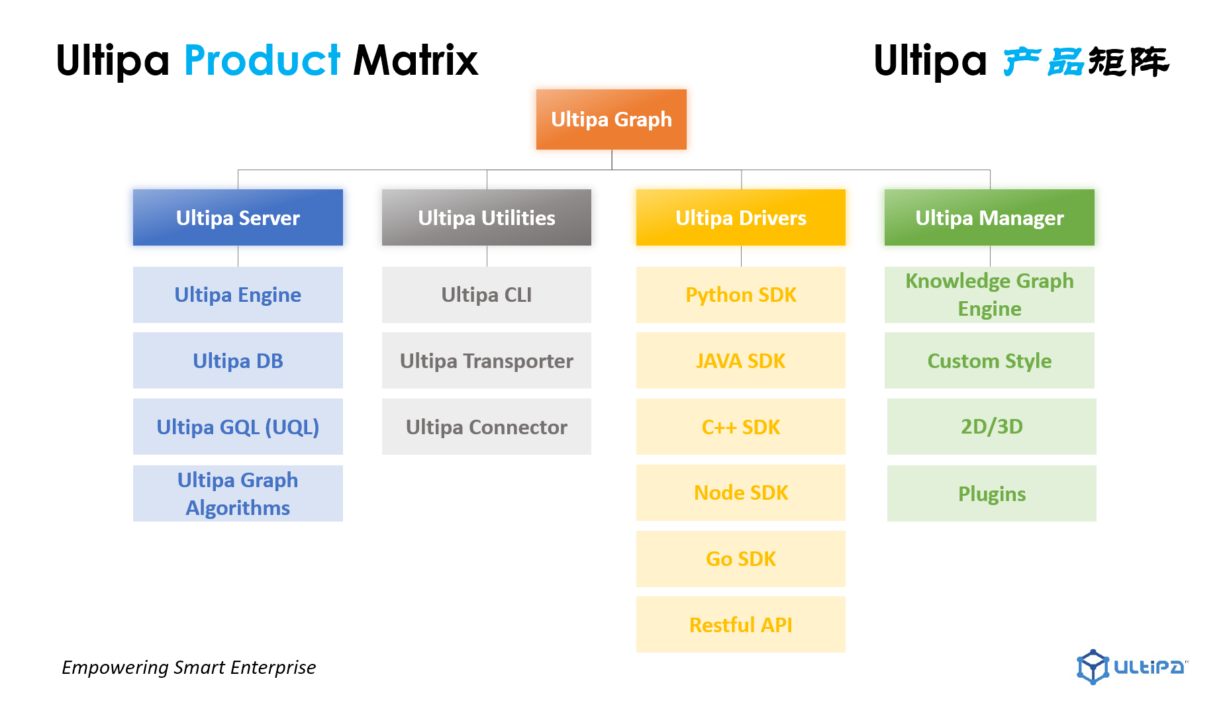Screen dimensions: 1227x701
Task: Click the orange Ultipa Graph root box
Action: click(611, 119)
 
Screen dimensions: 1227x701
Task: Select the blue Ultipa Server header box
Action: click(238, 218)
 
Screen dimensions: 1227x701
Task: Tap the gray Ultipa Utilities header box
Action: click(487, 218)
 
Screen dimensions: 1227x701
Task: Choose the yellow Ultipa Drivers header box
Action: click(741, 218)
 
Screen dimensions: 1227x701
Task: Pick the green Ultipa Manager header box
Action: click(989, 218)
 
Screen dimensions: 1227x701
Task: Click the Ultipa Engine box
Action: click(238, 295)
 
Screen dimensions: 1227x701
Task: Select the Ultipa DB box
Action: click(238, 361)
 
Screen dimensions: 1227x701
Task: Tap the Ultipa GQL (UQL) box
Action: click(238, 427)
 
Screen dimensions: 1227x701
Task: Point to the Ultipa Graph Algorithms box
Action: click(238, 493)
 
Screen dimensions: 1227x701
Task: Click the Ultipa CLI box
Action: click(487, 295)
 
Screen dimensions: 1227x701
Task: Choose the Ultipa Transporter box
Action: click(487, 361)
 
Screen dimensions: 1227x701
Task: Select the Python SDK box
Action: click(741, 295)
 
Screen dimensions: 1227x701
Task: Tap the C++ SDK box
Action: click(741, 427)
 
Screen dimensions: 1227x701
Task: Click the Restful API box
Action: click(741, 625)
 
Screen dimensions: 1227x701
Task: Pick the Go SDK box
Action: click(741, 559)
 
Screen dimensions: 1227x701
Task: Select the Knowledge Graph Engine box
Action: click(989, 295)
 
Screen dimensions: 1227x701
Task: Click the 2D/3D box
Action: click(992, 427)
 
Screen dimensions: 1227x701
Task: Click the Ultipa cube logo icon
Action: click(1093, 667)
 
